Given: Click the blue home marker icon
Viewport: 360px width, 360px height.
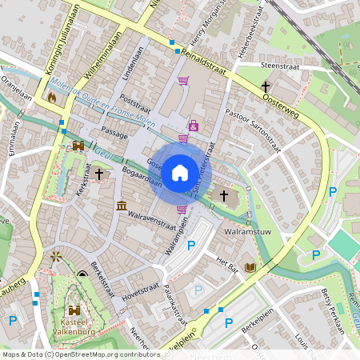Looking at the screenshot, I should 180,173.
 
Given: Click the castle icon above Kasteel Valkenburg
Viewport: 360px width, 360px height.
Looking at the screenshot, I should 74,310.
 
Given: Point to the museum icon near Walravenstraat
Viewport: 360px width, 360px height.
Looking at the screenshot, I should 121,206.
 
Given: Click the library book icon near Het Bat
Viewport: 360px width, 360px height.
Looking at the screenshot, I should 250,267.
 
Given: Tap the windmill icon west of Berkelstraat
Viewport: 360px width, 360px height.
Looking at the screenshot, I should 56,258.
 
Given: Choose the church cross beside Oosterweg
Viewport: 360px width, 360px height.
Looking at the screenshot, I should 266,86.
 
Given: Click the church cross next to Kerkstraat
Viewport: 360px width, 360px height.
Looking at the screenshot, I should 99,173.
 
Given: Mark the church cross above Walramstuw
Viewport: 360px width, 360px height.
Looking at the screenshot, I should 224,195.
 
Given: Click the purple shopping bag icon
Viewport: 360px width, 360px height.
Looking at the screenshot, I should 193,126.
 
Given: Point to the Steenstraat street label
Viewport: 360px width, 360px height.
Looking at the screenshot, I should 279,65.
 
